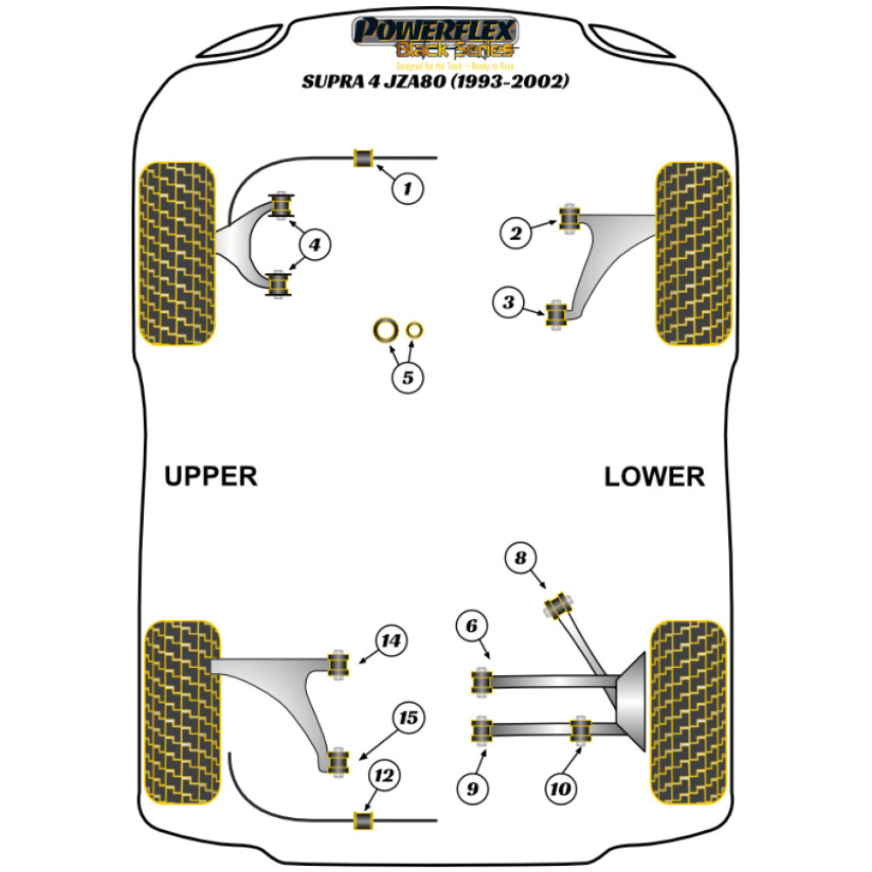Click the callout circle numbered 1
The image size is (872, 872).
(407, 186)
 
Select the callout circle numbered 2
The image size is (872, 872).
(516, 232)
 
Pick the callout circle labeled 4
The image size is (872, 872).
(314, 246)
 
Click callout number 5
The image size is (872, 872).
(407, 378)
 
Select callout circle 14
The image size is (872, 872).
(392, 643)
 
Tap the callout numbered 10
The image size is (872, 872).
(560, 789)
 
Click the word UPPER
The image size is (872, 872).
(210, 476)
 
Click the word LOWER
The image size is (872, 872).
(654, 476)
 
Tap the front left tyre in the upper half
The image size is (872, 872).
(177, 253)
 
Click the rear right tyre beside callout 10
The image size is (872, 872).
(688, 712)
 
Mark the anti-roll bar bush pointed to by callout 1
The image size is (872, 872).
(362, 158)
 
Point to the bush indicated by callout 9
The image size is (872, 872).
(479, 731)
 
